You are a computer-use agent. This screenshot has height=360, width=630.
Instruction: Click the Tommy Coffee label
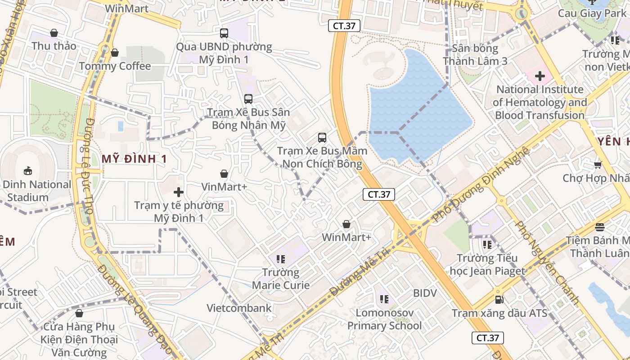pyautogui.click(x=115, y=66)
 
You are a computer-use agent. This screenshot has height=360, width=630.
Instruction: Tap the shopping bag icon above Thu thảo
pyautogui.click(x=54, y=33)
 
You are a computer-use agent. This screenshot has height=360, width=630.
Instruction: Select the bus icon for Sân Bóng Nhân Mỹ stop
pyautogui.click(x=248, y=99)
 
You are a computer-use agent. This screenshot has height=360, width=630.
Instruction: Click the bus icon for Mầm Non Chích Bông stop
pyautogui.click(x=322, y=138)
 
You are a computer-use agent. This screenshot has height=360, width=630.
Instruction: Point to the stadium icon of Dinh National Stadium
pyautogui.click(x=28, y=171)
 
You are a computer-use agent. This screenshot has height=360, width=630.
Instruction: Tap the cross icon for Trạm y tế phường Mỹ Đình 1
pyautogui.click(x=179, y=193)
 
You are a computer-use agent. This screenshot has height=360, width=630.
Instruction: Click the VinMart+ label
pyautogui.click(x=224, y=187)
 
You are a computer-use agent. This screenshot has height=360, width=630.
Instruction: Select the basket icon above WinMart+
pyautogui.click(x=346, y=224)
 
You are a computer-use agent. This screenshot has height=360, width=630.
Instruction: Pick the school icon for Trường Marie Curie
pyautogui.click(x=281, y=259)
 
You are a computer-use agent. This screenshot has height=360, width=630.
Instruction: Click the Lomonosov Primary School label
pyautogui.click(x=384, y=319)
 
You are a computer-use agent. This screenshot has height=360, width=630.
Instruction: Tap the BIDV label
pyautogui.click(x=425, y=293)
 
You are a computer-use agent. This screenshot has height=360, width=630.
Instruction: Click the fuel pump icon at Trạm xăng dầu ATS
pyautogui.click(x=499, y=299)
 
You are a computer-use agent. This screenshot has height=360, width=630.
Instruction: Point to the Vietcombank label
pyautogui.click(x=239, y=308)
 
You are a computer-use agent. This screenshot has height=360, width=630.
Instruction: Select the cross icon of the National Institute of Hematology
pyautogui.click(x=540, y=76)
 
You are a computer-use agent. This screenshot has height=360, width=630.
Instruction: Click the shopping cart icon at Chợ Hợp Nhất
pyautogui.click(x=598, y=165)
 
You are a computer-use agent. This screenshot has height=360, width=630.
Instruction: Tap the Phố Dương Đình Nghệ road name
pyautogui.click(x=481, y=184)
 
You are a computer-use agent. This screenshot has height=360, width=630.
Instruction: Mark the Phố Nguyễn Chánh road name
pyautogui.click(x=547, y=262)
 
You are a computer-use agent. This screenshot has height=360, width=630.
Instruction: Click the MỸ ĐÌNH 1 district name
pyautogui.click(x=134, y=159)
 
